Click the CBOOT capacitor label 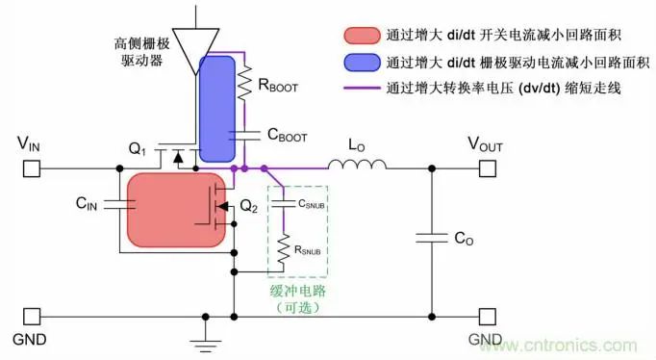tap(286, 137)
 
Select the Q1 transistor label tap(139, 149)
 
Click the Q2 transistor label tap(248, 205)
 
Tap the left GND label tap(30, 340)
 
